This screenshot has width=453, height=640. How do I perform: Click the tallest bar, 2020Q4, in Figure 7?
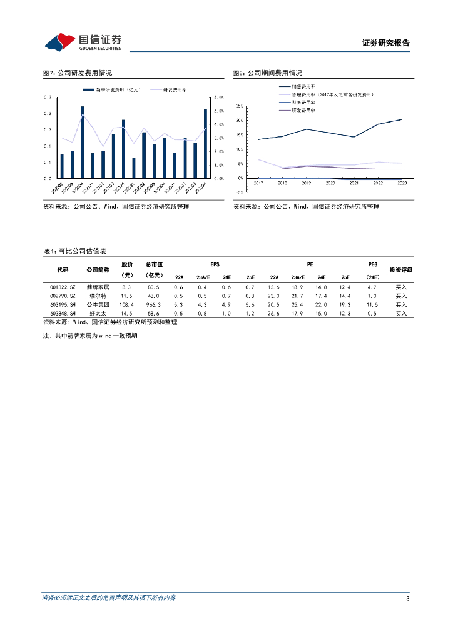(x=82, y=142)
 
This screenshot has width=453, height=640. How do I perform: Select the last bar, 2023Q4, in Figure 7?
(x=205, y=144)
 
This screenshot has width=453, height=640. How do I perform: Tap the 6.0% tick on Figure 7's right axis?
(x=218, y=97)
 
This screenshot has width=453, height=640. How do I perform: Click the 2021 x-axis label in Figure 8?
(x=354, y=183)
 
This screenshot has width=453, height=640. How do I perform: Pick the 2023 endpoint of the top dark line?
(x=402, y=119)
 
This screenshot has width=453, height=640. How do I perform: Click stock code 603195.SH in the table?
(x=63, y=304)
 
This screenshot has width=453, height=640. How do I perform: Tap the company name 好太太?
(x=98, y=313)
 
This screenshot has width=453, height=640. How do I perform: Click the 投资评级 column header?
(x=400, y=270)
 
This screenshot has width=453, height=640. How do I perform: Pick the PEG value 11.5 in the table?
(x=372, y=304)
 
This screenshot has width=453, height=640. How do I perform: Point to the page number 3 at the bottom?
(x=407, y=599)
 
